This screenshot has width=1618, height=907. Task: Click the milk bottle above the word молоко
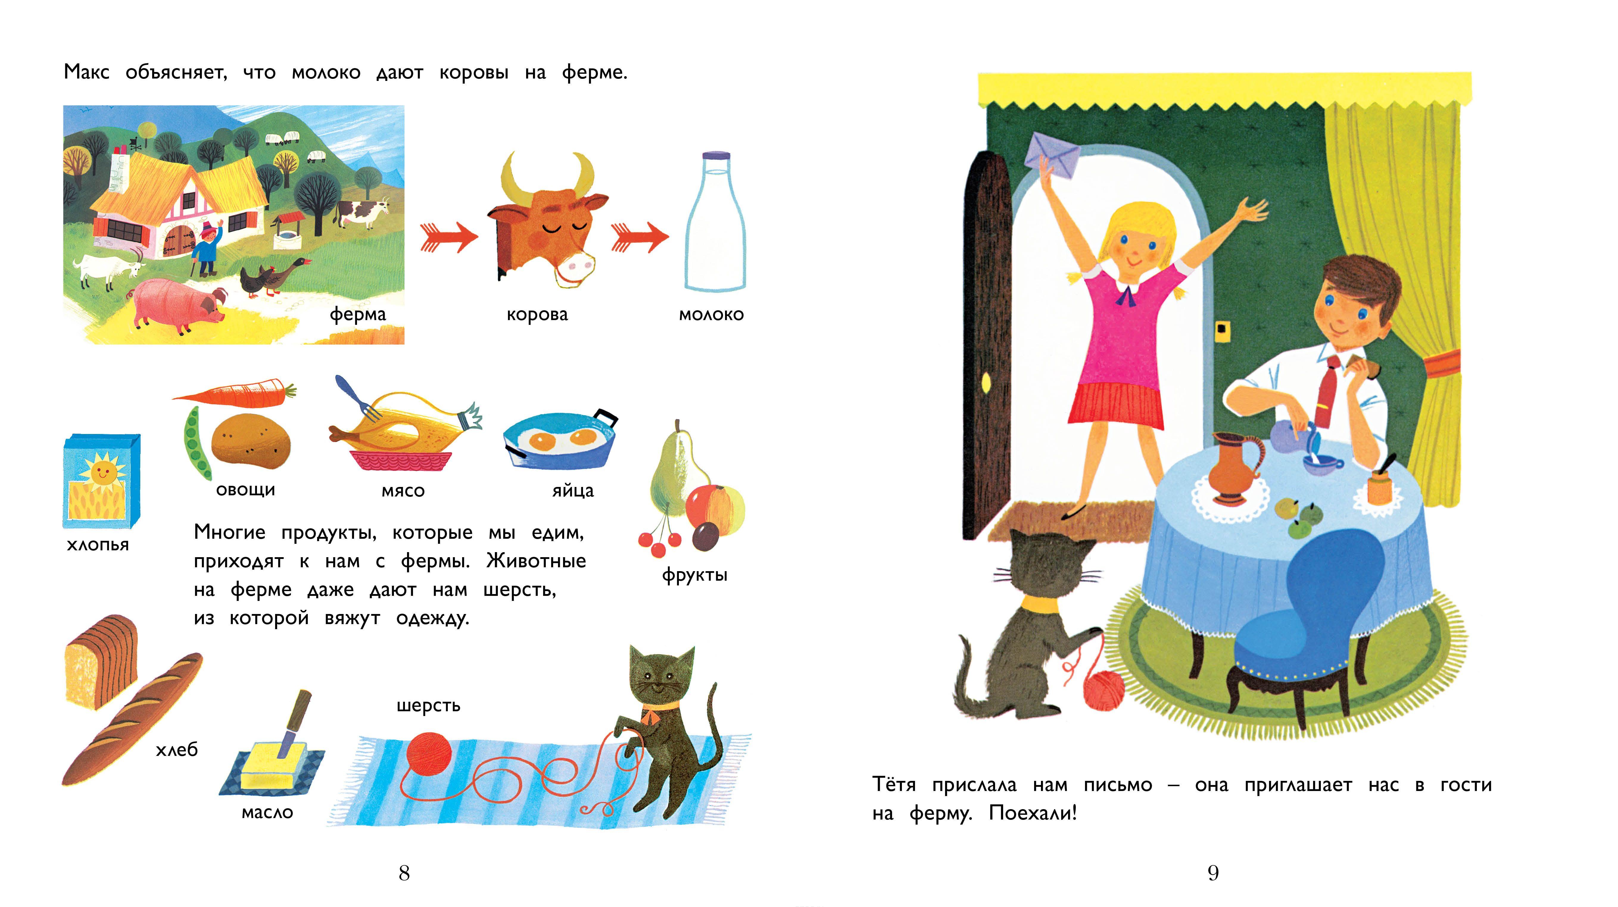click(x=715, y=223)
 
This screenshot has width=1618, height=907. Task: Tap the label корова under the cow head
click(x=537, y=314)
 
